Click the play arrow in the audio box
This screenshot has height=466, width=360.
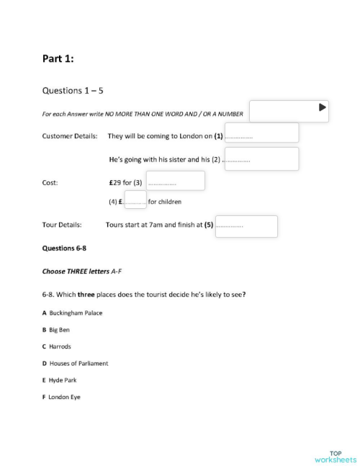click(x=323, y=108)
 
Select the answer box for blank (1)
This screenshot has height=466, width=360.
click(x=261, y=133)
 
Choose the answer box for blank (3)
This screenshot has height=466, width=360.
click(x=175, y=181)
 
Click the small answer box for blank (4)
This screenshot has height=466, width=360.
click(x=135, y=200)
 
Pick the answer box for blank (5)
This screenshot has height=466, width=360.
click(x=246, y=225)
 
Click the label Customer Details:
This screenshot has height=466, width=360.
click(x=69, y=135)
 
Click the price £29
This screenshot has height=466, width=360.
click(x=116, y=182)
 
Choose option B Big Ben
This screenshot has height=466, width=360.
click(x=56, y=329)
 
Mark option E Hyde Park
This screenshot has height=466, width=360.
click(x=59, y=380)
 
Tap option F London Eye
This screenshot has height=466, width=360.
click(x=61, y=397)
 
